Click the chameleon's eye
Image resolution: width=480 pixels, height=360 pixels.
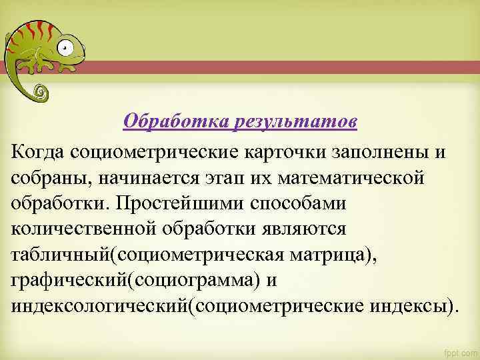[x=65, y=48]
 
